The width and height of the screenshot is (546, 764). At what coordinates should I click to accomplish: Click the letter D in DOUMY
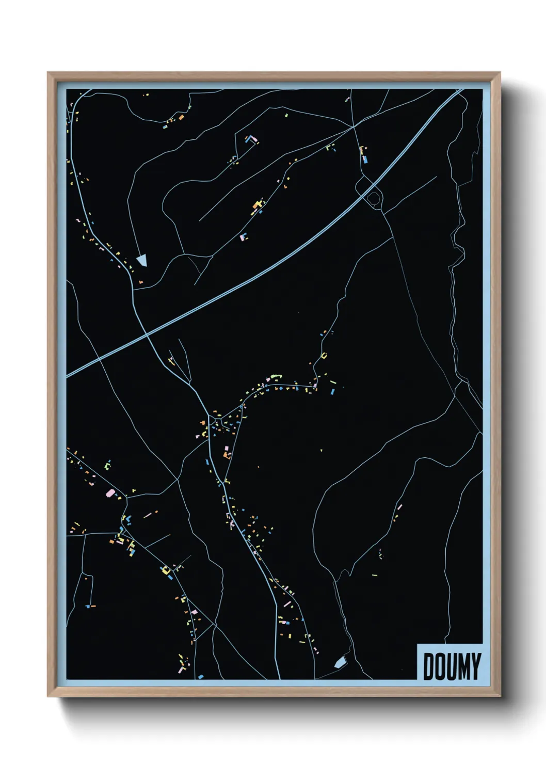click(429, 666)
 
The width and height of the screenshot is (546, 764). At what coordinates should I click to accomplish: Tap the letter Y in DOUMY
click(475, 666)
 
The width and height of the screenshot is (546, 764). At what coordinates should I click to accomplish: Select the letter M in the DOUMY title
click(462, 666)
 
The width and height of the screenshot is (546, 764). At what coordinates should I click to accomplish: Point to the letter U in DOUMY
click(450, 666)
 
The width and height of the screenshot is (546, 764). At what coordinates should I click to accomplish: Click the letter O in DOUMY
click(440, 666)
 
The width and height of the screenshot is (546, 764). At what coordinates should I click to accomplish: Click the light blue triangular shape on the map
click(142, 260)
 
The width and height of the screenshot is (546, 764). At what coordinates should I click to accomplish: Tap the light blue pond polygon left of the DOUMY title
click(340, 662)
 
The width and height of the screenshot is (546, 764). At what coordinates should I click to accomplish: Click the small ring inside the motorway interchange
click(373, 197)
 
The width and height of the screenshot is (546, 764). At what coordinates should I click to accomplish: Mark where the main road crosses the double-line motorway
click(147, 335)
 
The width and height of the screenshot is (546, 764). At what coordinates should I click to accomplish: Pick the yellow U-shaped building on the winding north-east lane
click(324, 355)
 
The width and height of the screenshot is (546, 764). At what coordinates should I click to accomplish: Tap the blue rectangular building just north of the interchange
click(365, 160)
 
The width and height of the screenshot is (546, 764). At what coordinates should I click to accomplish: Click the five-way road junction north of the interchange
click(354, 125)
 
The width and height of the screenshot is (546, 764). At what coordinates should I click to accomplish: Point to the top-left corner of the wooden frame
click(48, 73)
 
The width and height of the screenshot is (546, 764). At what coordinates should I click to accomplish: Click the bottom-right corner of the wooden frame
click(500, 696)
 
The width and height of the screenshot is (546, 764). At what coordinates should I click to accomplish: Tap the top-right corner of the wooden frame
click(500, 73)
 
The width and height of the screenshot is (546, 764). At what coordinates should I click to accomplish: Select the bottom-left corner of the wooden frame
click(48, 696)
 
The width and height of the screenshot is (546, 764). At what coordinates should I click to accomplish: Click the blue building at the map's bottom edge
click(201, 676)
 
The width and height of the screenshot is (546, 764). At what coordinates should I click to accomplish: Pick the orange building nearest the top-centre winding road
click(181, 118)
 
